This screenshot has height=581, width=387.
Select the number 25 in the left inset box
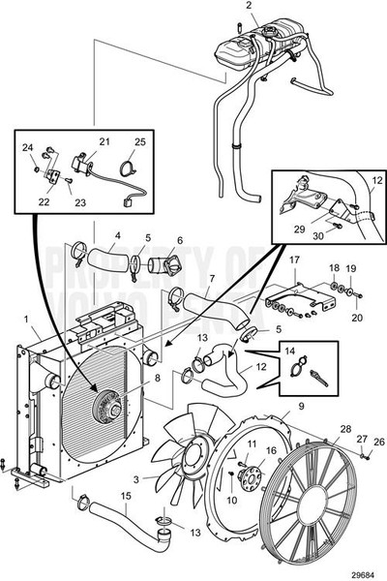point(140,142)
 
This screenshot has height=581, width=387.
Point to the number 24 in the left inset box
point(27,148)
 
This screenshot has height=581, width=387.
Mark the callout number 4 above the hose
point(117,234)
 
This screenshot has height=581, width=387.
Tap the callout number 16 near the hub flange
point(271,451)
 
